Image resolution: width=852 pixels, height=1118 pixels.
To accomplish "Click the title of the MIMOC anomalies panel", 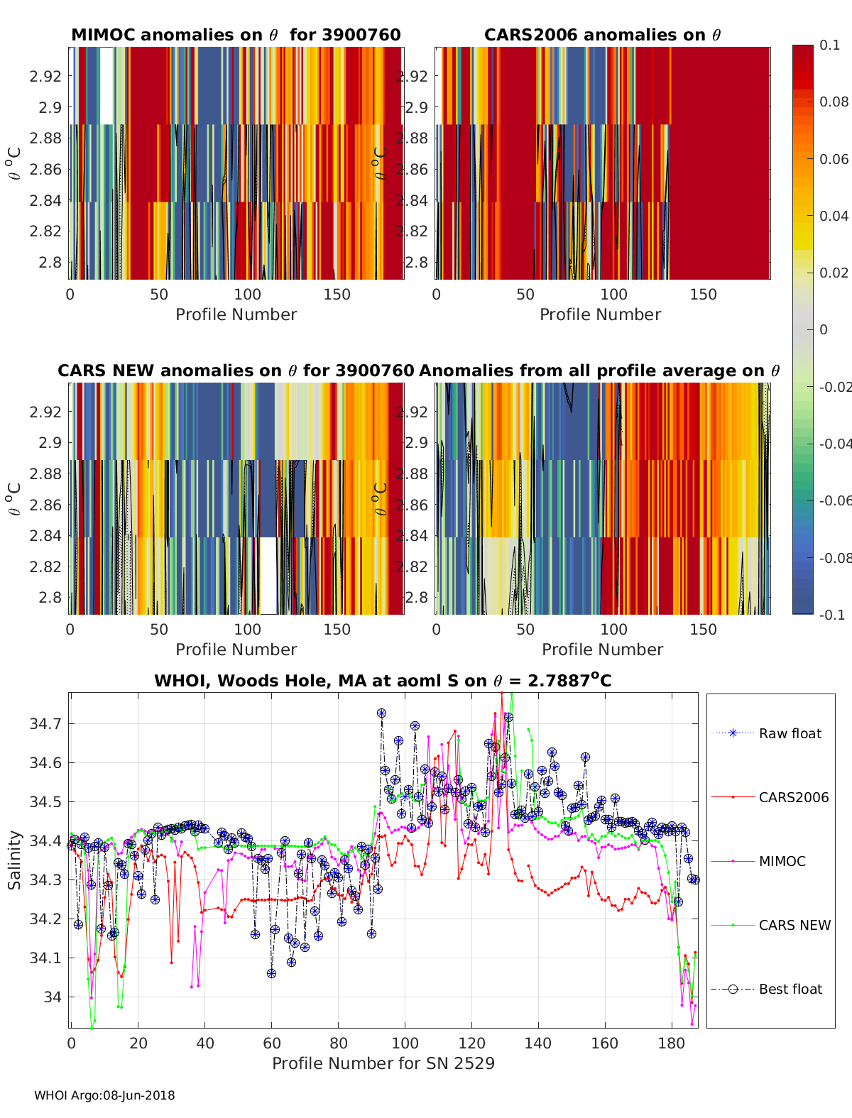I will click(236, 35).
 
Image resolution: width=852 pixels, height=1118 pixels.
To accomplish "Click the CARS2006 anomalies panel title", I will click(602, 35).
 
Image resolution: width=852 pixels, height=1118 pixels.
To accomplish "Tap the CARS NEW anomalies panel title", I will click(236, 371).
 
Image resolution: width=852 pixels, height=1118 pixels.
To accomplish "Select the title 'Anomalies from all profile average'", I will click(599, 371).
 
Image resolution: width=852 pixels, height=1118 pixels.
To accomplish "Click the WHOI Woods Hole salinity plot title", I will click(383, 681).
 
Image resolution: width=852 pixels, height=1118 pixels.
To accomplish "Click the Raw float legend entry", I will click(790, 733).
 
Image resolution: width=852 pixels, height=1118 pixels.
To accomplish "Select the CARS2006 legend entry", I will click(793, 797).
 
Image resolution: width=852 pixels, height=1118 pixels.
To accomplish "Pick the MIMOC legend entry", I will click(782, 861).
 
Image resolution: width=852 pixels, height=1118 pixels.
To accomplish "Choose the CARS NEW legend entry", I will click(794, 925).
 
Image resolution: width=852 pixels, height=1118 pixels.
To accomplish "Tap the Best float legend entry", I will click(790, 989).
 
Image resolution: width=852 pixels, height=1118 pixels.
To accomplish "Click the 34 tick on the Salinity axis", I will click(54, 997).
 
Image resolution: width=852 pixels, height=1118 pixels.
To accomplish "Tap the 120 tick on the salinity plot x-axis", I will click(471, 1043).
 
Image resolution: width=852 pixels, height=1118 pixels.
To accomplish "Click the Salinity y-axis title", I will click(15, 860).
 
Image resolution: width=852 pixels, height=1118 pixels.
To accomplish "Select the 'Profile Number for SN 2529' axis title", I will click(383, 1063).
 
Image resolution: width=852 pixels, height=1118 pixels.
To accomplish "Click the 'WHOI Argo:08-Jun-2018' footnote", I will click(104, 1095).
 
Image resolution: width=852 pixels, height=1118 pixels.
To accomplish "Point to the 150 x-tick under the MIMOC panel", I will click(337, 295).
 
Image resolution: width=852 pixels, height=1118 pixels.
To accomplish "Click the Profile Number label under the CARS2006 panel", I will click(600, 314).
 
